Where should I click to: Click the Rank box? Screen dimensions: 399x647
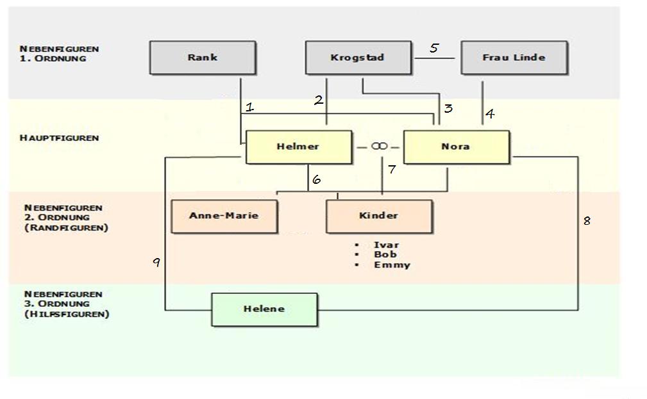tap(202, 58)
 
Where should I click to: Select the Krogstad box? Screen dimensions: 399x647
tap(357, 58)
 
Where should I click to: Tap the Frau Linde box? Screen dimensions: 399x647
tap(514, 58)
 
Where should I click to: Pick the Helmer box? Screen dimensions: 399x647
tap(298, 147)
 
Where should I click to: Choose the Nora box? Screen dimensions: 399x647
tap(455, 147)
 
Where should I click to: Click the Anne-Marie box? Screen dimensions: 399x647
tap(223, 216)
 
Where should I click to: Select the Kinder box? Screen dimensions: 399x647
tap(378, 216)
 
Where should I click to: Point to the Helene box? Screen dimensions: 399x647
tap(264, 309)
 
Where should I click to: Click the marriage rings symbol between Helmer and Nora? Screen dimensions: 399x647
tap(379, 147)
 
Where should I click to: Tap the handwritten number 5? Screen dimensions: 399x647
tap(434, 48)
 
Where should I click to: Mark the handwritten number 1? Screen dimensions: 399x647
tap(250, 108)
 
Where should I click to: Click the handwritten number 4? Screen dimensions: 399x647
tap(490, 114)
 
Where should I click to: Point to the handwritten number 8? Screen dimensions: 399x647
tap(586, 221)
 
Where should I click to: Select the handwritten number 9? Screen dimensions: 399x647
tap(156, 262)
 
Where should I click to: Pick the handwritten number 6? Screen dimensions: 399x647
tap(316, 180)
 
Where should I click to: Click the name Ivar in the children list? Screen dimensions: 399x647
tap(386, 245)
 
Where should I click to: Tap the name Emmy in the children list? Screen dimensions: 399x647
tap(392, 265)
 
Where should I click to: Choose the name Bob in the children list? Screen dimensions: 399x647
tap(385, 254)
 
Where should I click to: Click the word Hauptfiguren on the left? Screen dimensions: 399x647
tap(60, 138)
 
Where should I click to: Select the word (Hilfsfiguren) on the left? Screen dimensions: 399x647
tap(67, 314)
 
